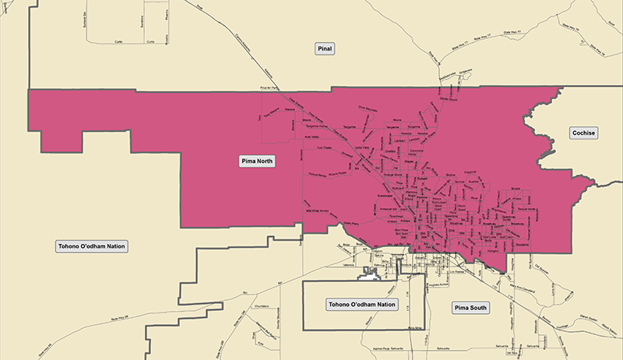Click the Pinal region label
click(x=325, y=50)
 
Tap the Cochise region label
click(x=583, y=133)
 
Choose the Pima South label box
click(x=471, y=308)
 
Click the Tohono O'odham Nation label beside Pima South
click(x=362, y=304)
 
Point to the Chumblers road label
click(x=261, y=305)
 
